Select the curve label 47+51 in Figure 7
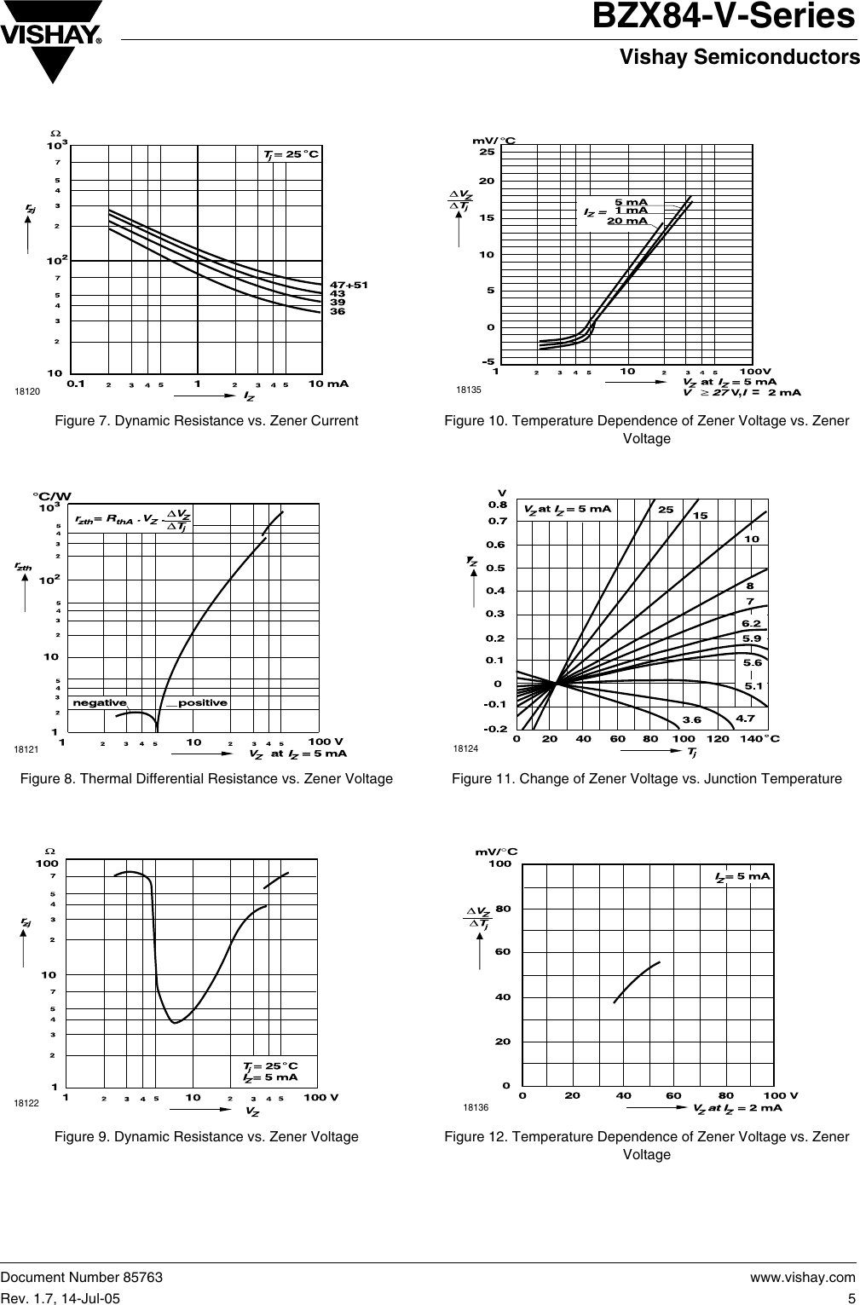coord(349,284)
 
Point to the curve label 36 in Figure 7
coord(338,312)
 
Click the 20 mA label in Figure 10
coord(626,221)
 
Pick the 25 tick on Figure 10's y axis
coord(486,152)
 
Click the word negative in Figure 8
coord(100,703)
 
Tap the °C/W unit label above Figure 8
coord(52,496)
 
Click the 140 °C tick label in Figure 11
coord(760,738)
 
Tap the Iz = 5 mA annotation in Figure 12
coord(742,875)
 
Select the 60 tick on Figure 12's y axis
coord(502,951)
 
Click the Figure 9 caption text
coord(206,1136)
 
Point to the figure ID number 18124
coord(466,748)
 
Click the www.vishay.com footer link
coord(802,1277)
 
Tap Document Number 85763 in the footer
coord(81,1277)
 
